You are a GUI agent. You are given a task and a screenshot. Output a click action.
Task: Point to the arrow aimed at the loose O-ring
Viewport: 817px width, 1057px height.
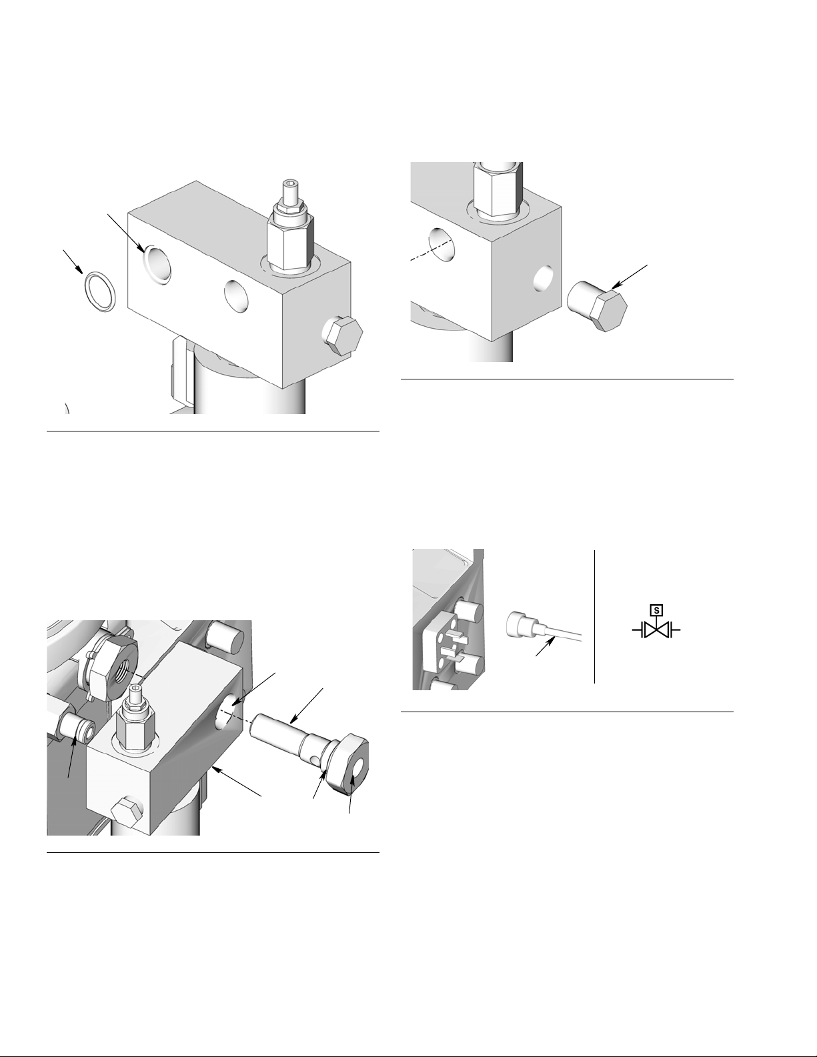(73, 261)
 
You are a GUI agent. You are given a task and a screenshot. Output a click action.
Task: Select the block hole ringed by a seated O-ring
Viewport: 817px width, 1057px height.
(157, 263)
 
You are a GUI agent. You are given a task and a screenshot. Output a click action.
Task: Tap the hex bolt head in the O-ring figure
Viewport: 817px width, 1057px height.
(343, 335)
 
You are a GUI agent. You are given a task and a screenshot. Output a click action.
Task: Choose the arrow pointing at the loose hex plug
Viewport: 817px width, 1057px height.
(630, 277)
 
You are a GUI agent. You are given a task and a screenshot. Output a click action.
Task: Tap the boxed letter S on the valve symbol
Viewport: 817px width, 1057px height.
(656, 610)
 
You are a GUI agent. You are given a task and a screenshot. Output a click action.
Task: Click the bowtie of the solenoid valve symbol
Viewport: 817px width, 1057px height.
(656, 631)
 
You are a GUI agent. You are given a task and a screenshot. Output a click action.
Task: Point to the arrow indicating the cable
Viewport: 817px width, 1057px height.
(546, 646)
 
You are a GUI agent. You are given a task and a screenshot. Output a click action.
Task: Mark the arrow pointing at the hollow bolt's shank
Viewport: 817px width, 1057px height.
(306, 706)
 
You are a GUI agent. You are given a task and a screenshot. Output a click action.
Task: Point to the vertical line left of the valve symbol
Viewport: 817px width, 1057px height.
(594, 617)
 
